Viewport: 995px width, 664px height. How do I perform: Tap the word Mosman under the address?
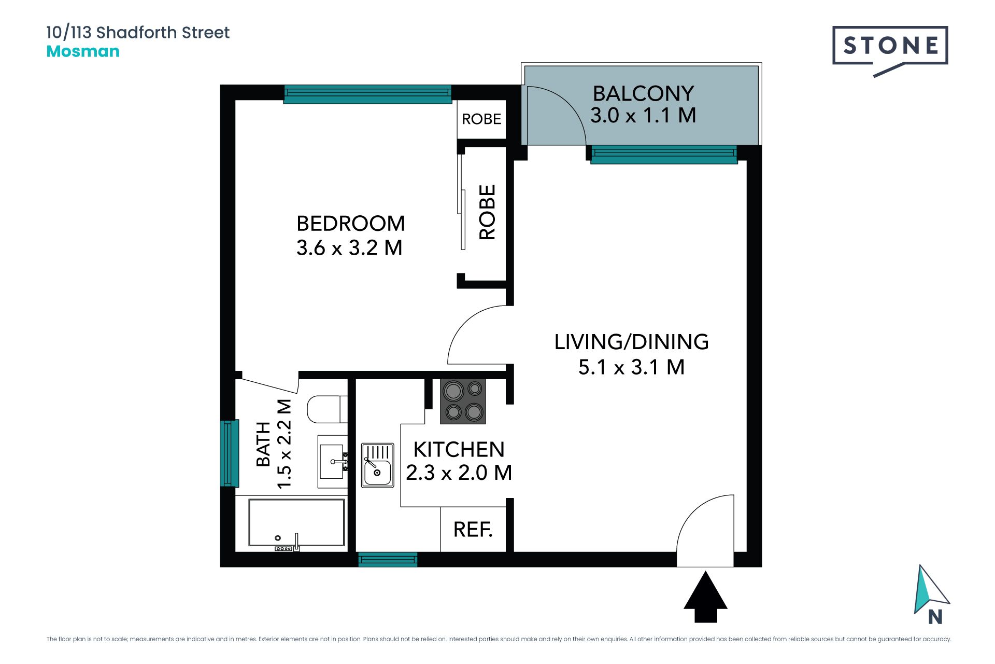pos(83,51)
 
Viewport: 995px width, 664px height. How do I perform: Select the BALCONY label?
pos(643,93)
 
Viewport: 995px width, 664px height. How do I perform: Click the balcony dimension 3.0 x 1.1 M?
pos(643,115)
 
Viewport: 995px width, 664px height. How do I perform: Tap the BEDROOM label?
pos(351,224)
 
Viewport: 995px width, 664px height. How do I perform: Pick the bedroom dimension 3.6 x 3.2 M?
pos(349,248)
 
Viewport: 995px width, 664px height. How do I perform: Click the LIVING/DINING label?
pos(631,342)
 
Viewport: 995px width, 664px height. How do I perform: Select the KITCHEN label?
pos(459,449)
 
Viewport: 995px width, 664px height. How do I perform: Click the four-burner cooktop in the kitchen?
pos(463,402)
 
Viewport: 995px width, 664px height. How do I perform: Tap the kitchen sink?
pos(377,465)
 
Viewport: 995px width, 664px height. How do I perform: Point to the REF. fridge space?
pos(473,530)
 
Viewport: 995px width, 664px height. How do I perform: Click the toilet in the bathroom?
pos(327,409)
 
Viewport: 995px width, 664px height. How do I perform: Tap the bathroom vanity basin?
pos(333,462)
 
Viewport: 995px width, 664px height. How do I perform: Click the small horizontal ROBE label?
pos(481,119)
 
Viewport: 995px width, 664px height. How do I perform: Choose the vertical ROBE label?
pos(487,212)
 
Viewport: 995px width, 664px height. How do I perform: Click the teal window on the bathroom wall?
pos(230,453)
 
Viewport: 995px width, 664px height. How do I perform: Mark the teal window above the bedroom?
pos(367,94)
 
